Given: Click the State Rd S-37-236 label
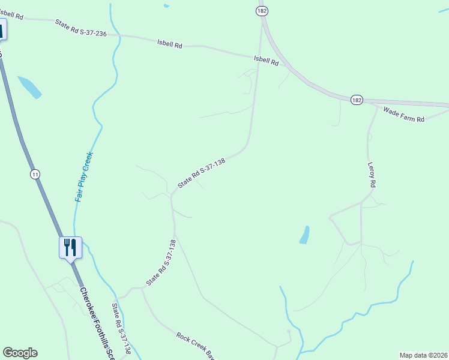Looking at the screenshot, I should [x=80, y=28].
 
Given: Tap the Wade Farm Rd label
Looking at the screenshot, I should [x=404, y=115].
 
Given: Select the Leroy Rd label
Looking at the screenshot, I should [x=372, y=175].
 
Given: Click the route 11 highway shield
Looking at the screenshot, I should [x=35, y=174].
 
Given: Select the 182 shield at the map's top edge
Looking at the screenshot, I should [x=261, y=11].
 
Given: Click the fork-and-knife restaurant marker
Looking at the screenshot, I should [x=70, y=247].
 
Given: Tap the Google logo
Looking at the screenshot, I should [x=20, y=353].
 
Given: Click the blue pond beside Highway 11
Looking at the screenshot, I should [x=30, y=86].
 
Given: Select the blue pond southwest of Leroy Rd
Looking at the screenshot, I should [x=304, y=235].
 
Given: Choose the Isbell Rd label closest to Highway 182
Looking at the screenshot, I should [x=267, y=61].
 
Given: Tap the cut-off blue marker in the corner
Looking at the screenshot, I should [x=2, y=29].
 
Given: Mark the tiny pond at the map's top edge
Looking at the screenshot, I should [x=166, y=6].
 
